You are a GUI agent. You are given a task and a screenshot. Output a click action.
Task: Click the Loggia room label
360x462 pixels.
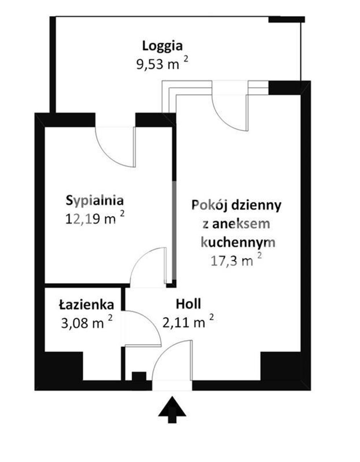162,46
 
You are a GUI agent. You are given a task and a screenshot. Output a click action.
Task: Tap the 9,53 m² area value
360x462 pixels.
162,64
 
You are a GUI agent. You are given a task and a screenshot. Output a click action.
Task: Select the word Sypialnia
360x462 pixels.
95,201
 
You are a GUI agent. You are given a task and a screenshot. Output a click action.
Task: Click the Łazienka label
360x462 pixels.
86,305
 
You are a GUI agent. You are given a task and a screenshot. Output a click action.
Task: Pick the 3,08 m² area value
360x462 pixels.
86,323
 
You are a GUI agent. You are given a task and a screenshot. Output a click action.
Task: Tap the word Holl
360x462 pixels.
188,304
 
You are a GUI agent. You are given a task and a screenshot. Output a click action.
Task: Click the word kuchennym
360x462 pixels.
238,243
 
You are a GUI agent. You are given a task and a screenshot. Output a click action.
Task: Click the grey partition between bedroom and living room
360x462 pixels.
174,230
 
